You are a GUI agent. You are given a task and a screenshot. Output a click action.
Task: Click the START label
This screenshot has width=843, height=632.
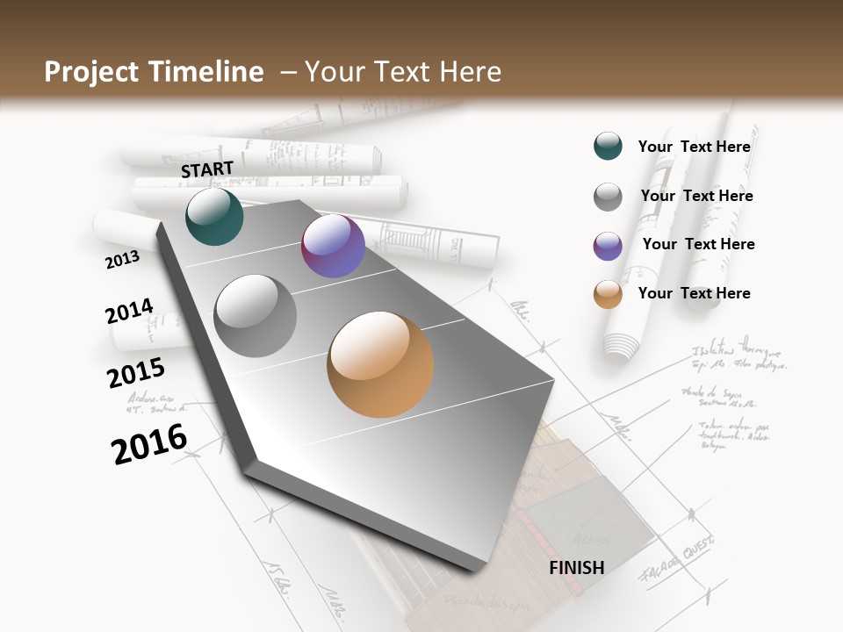(x=207, y=169)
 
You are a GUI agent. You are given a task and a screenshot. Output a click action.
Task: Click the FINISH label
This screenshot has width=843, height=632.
(x=576, y=568)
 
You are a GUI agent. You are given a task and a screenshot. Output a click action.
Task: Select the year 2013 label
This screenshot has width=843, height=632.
(x=122, y=259)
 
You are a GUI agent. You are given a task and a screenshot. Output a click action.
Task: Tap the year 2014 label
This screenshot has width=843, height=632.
(x=129, y=312)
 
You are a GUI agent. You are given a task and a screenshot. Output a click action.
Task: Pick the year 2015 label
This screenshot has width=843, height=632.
(x=135, y=373)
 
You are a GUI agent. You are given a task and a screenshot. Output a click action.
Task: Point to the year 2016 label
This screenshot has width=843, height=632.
(x=149, y=444)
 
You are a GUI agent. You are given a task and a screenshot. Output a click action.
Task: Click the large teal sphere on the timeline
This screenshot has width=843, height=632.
(x=214, y=216)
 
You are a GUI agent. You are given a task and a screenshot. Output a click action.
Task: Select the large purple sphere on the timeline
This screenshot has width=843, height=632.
(x=333, y=246)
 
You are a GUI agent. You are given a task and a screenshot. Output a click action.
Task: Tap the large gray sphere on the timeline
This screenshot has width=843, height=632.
(x=256, y=315)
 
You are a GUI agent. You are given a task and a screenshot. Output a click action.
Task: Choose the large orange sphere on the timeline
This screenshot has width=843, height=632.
(x=380, y=364)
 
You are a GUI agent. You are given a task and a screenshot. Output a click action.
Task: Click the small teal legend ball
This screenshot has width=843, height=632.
(x=608, y=146)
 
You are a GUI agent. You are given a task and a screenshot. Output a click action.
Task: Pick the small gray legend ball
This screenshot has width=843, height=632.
(x=608, y=197)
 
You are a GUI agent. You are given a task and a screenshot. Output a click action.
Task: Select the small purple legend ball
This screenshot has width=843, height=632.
(x=608, y=246)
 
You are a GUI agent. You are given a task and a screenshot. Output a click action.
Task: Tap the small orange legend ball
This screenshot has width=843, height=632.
(x=608, y=294)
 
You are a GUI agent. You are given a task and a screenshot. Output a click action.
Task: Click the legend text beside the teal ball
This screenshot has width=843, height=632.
(x=694, y=147)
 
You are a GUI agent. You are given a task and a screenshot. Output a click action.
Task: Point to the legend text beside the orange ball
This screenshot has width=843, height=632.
(x=694, y=293)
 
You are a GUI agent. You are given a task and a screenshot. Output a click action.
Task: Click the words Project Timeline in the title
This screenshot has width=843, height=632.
(x=154, y=72)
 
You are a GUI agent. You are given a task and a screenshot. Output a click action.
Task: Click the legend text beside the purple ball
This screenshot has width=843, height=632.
(x=698, y=244)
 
